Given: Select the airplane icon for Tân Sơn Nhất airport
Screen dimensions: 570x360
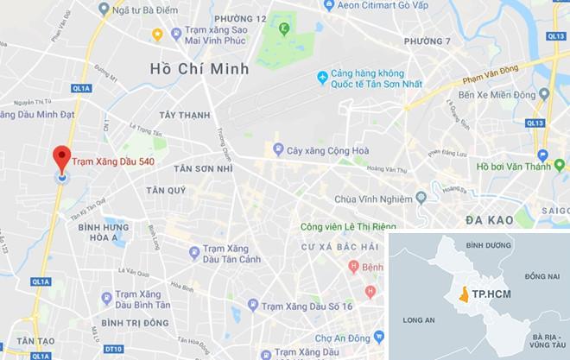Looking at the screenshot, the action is click(x=322, y=78).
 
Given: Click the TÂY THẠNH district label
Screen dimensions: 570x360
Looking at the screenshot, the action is click(x=185, y=114).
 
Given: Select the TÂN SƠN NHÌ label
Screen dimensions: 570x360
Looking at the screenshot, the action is click(x=204, y=170).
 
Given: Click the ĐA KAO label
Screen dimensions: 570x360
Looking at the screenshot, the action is click(x=490, y=221).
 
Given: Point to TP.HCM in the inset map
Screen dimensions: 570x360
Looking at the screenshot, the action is click(x=491, y=295).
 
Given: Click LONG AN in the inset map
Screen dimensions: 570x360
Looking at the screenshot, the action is click(x=417, y=320).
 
